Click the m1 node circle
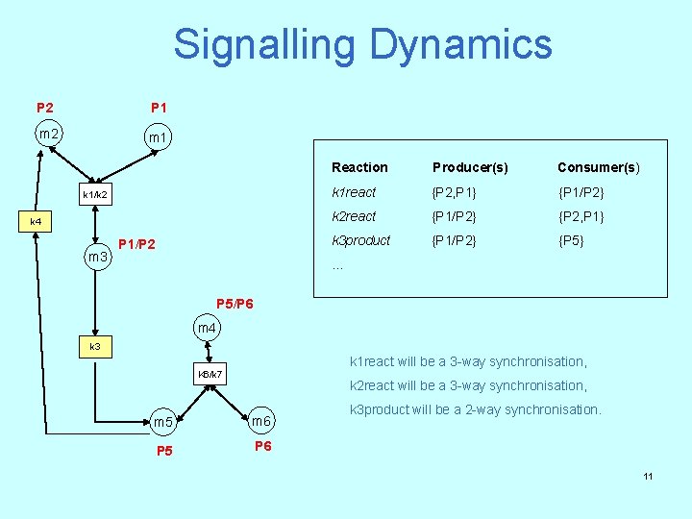(157, 139)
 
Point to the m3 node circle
(97, 257)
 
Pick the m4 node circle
(207, 329)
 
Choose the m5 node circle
(163, 422)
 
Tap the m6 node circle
(261, 422)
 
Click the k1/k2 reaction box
(95, 195)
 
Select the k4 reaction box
(37, 222)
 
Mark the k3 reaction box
(95, 345)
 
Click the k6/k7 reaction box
(210, 373)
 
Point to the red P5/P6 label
(235, 304)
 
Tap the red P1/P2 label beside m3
(136, 244)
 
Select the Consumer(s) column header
(598, 167)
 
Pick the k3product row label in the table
(360, 240)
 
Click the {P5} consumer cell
(571, 240)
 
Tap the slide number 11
(648, 476)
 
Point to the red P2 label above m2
(45, 107)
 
